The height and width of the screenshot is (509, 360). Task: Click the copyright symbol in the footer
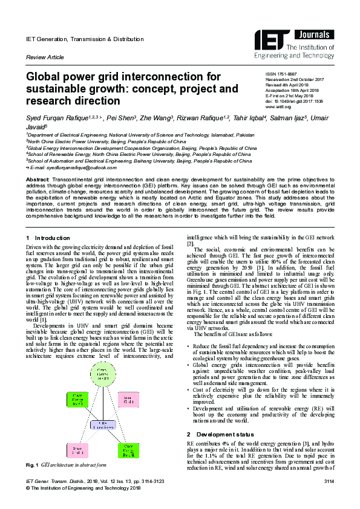click(x=28, y=487)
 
